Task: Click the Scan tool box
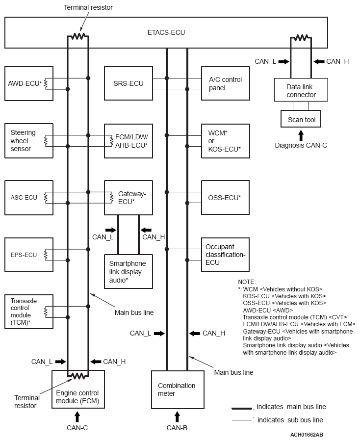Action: pos(301,118)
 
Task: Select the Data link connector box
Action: pos(301,90)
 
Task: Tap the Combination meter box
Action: pos(178,389)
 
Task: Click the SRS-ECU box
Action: pos(129,83)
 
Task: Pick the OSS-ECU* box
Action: pos(225,198)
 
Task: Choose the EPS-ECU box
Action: pos(29,255)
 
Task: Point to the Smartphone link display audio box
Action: pos(129,271)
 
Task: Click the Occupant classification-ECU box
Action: pos(225,255)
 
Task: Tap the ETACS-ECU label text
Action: pos(166,33)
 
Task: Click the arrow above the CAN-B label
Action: pos(177,416)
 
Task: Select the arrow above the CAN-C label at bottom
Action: pos(77,416)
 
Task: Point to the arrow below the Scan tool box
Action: pos(301,135)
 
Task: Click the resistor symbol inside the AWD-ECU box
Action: pos(46,83)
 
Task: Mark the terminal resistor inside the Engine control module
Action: pos(78,376)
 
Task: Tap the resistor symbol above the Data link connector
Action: pos(301,38)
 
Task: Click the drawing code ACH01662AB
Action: pos(307,435)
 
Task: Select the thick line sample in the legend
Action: pos(242,408)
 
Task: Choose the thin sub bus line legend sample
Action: pos(242,420)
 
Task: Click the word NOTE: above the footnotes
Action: pos(247,282)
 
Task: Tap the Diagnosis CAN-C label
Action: pos(301,145)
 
